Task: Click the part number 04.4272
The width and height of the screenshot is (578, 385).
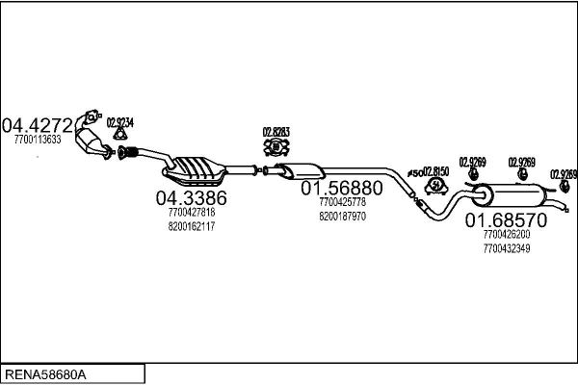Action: (38, 125)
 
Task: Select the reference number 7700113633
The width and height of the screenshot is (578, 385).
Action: (38, 140)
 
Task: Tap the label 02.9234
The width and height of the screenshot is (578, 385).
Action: (119, 122)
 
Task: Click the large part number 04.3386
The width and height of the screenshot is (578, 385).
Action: (191, 198)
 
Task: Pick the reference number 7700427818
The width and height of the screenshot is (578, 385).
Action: (191, 213)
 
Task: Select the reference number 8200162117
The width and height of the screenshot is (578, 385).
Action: (191, 226)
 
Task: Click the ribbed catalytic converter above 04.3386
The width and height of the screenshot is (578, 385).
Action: (197, 171)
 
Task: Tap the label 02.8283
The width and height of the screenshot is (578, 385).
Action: (276, 132)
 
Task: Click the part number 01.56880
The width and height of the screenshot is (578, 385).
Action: (342, 188)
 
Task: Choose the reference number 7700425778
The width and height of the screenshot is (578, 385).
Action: (342, 202)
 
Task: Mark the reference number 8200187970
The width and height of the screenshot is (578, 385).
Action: (342, 217)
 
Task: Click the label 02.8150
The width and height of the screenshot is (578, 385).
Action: (436, 170)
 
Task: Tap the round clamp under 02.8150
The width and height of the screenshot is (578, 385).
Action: (435, 185)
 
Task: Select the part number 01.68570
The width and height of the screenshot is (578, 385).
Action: (506, 220)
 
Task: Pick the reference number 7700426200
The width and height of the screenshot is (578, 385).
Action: (506, 234)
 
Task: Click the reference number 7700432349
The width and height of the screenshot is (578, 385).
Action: (506, 248)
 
